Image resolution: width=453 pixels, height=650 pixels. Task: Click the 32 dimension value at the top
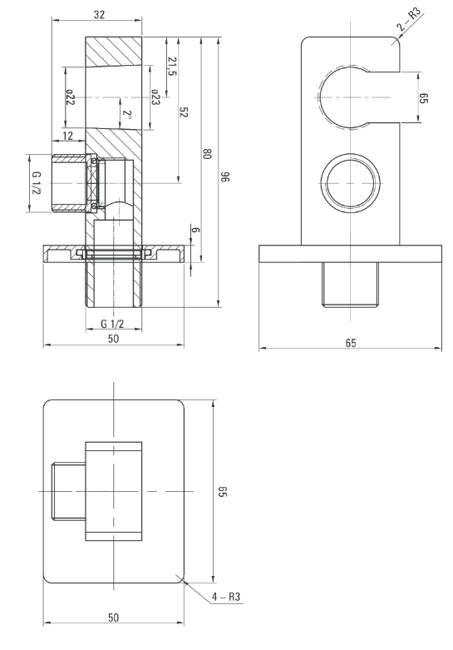tap(99, 14)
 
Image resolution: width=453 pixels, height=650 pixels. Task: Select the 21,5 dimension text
tap(172, 67)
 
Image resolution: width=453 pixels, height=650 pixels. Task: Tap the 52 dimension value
tap(184, 112)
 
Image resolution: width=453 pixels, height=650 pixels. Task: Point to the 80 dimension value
tap(207, 153)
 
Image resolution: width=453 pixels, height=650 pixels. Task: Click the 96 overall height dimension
tap(225, 177)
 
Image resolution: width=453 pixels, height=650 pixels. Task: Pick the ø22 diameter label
tap(70, 97)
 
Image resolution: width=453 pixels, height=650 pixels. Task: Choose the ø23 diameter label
tap(155, 97)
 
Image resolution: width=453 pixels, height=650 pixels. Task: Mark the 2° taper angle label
tap(127, 114)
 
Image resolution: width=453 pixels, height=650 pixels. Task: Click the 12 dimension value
tap(67, 136)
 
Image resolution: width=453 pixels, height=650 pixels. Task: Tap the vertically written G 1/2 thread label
tap(37, 183)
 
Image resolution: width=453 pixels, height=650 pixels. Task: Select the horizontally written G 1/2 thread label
tap(113, 324)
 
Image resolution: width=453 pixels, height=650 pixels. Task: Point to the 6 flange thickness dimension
tap(196, 230)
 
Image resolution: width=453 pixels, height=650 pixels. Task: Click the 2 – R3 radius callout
tap(409, 19)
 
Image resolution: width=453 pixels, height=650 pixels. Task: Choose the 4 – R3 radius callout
tap(226, 597)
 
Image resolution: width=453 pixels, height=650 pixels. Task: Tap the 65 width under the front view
tap(351, 343)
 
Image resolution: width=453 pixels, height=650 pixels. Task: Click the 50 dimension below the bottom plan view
tap(113, 618)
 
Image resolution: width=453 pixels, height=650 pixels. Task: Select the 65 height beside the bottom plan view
tap(223, 492)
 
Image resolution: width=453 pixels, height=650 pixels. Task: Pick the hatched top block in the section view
tap(113, 52)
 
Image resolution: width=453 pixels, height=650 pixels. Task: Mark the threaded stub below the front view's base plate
tap(351, 285)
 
